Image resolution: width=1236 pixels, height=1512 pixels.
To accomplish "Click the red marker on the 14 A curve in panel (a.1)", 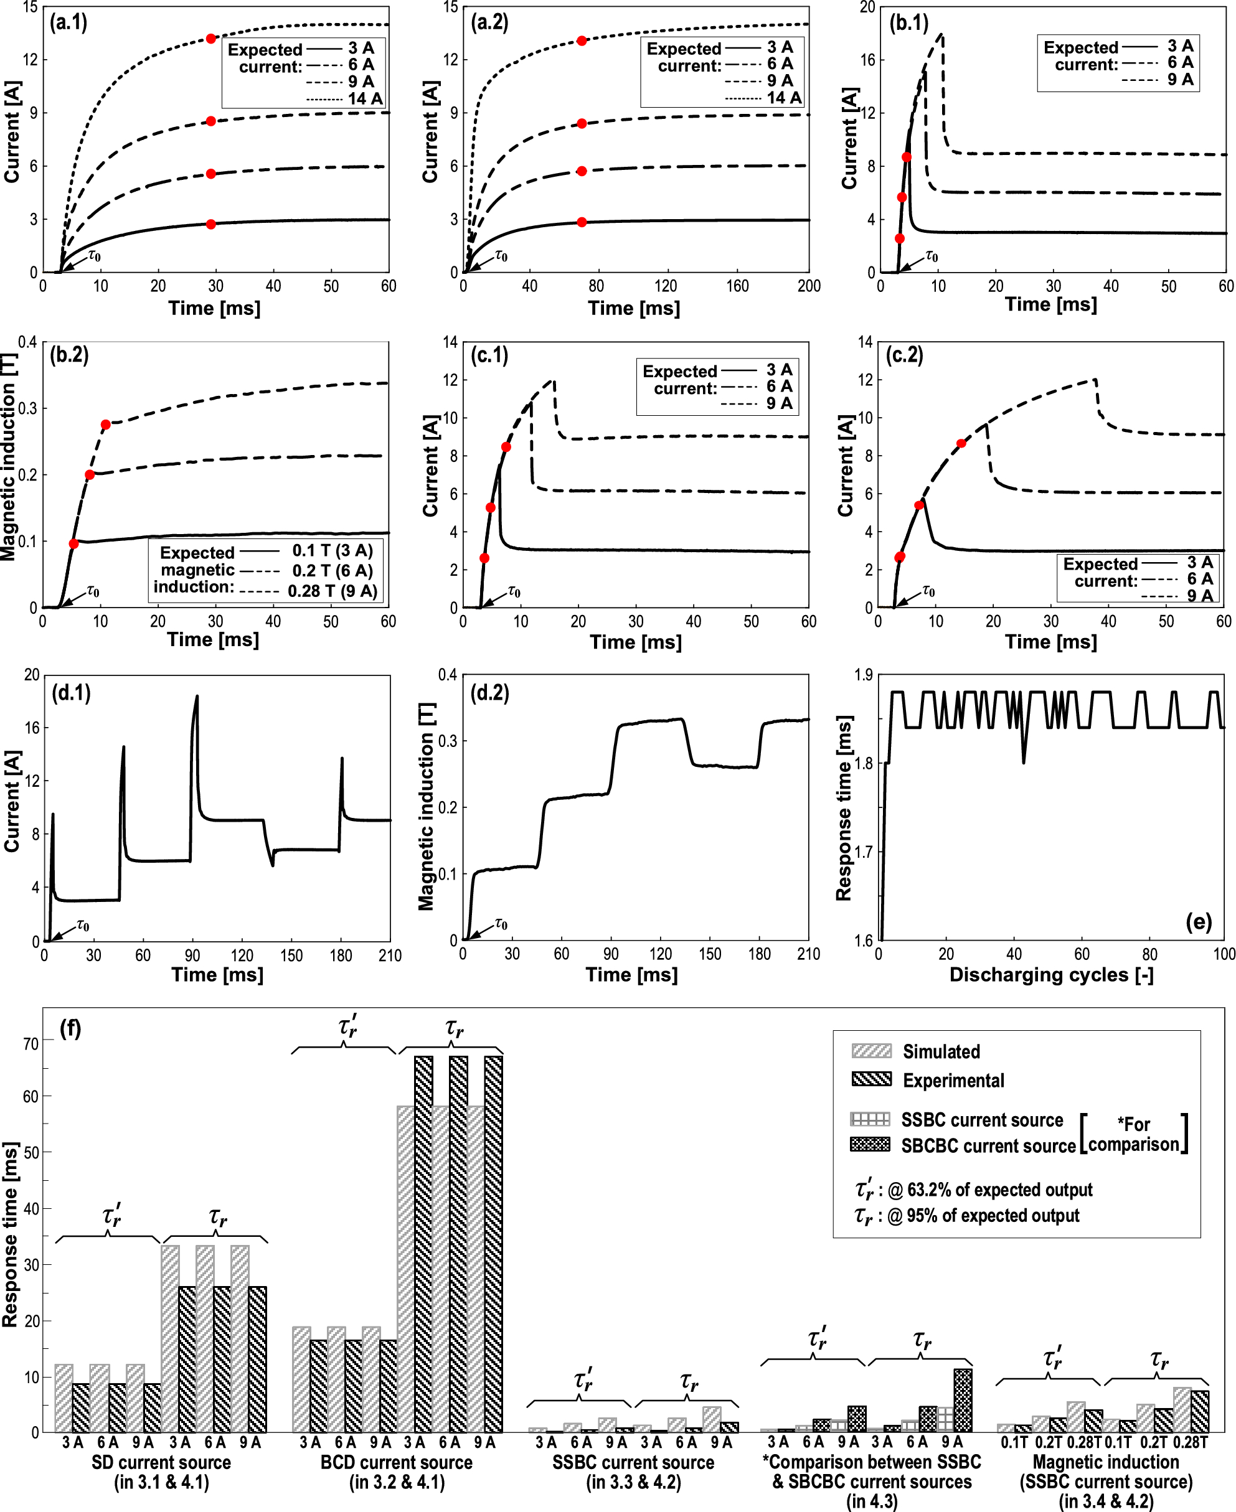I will [210, 39].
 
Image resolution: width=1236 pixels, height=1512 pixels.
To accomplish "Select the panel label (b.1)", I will [908, 23].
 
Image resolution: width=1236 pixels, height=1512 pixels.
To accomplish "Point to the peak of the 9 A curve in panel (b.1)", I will [942, 34].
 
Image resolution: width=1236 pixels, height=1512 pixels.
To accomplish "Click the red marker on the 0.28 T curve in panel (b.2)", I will [105, 425].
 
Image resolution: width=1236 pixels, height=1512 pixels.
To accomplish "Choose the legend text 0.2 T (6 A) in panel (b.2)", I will [332, 570].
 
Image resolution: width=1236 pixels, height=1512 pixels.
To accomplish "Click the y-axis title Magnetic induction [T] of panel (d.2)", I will [426, 807].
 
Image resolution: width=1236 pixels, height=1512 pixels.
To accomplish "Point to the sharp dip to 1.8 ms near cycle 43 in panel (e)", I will [1024, 763].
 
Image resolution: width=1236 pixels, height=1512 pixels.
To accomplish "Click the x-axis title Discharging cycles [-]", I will [1051, 975].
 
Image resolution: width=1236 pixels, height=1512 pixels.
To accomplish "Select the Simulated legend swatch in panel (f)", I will [870, 1051].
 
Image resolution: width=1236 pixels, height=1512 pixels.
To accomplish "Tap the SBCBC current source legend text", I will [988, 1145].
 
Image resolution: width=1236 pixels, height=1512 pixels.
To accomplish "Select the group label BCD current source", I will [396, 1462].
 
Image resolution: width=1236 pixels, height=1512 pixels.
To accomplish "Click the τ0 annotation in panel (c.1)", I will [513, 591].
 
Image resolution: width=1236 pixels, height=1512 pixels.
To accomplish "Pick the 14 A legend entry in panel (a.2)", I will [783, 98].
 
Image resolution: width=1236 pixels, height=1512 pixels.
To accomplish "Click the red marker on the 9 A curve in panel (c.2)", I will [961, 443].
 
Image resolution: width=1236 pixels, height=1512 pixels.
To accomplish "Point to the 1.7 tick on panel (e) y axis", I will [864, 852].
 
